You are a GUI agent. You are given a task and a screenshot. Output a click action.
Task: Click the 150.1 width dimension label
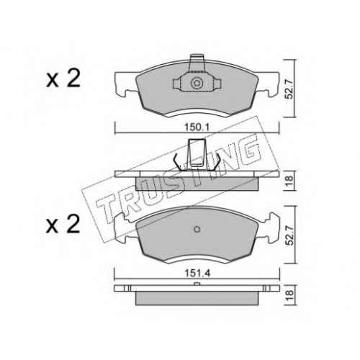pos(197,127)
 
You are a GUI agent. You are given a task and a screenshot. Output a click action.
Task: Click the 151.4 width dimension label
pos(197,274)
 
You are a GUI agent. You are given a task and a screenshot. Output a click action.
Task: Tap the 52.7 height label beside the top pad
pos(290,88)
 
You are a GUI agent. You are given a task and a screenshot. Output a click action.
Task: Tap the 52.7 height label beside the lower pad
pos(290,235)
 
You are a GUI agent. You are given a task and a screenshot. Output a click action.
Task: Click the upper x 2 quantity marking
pos(63,79)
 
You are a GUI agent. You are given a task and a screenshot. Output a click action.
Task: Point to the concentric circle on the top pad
pos(197,84)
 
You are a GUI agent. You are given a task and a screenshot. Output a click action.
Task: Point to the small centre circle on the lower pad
pos(197,230)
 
